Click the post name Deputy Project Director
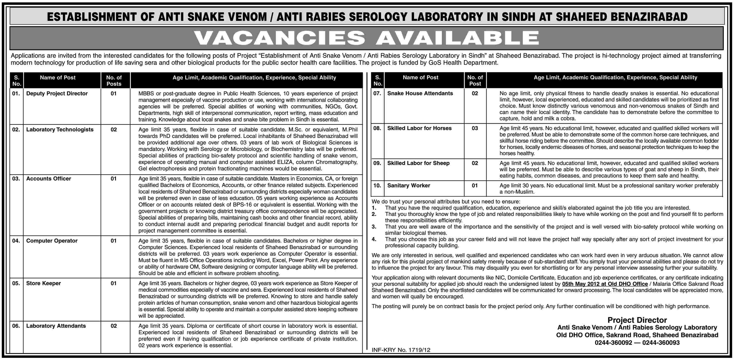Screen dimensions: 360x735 click(x=57, y=94)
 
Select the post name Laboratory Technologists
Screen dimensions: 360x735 click(x=60, y=130)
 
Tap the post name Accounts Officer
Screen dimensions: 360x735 click(x=49, y=178)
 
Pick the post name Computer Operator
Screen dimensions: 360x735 click(x=52, y=241)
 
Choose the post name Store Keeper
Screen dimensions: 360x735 click(x=43, y=283)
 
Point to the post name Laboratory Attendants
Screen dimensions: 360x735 click(x=56, y=326)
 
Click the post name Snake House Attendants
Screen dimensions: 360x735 click(x=420, y=93)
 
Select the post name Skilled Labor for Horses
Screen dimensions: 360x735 click(x=419, y=128)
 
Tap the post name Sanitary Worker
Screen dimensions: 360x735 click(x=408, y=185)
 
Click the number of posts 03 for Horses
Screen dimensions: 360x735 click(x=474, y=128)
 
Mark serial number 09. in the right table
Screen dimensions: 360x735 click(x=377, y=163)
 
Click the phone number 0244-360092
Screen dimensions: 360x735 click(x=613, y=343)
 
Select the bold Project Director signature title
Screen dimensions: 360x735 click(x=637, y=320)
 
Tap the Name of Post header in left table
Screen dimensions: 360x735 click(x=58, y=78)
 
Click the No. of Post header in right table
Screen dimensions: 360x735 click(x=475, y=80)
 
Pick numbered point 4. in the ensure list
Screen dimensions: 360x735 click(x=374, y=239)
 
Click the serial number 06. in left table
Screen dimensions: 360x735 click(x=16, y=326)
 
